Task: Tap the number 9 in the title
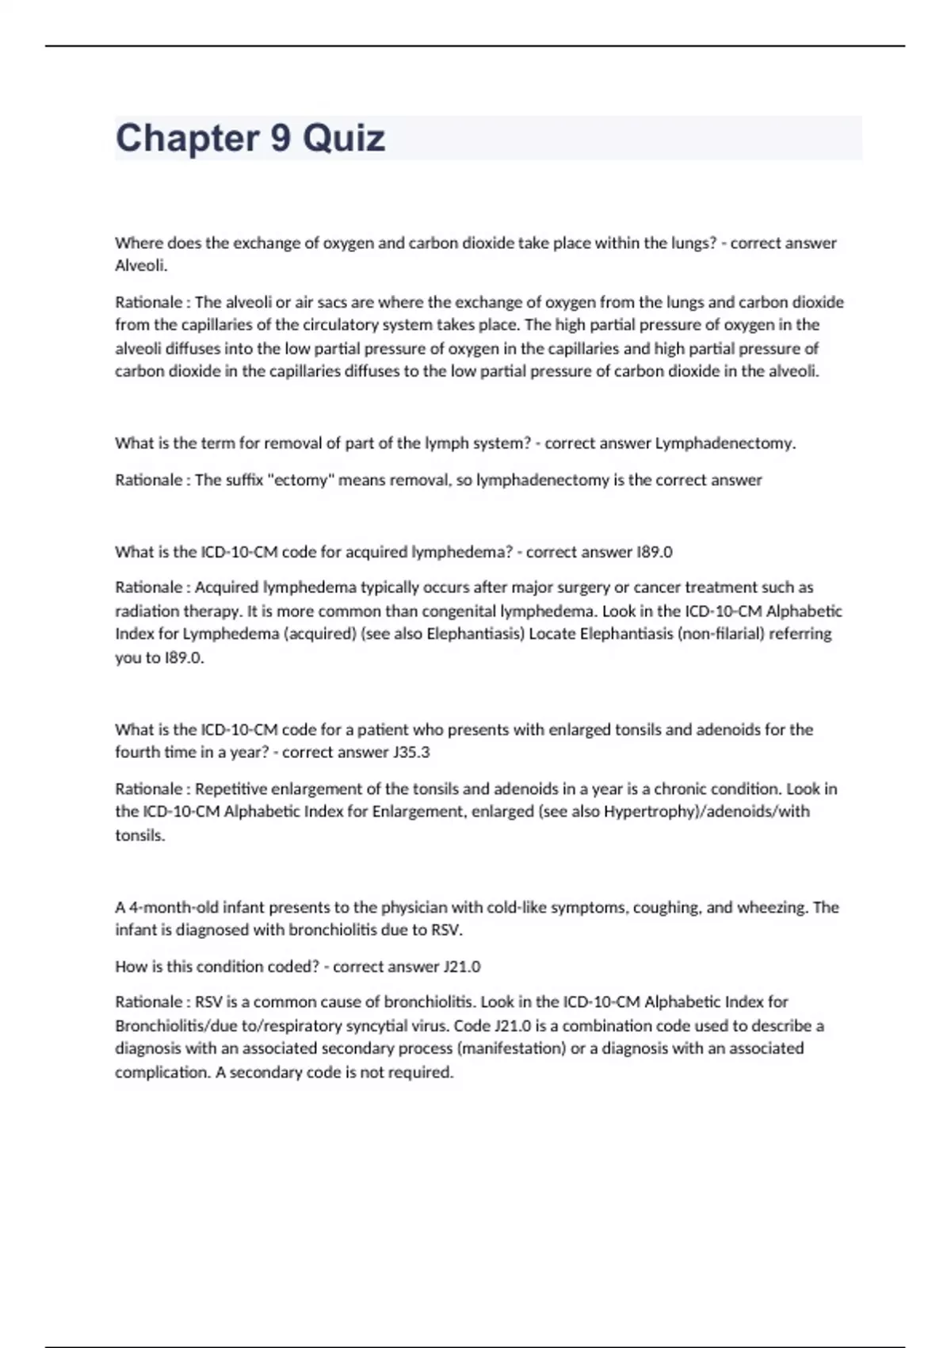pos(281,138)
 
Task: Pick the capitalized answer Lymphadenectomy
pos(725,443)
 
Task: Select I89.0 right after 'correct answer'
pos(655,552)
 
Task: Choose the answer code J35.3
pos(411,753)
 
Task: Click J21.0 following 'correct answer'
pos(462,967)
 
